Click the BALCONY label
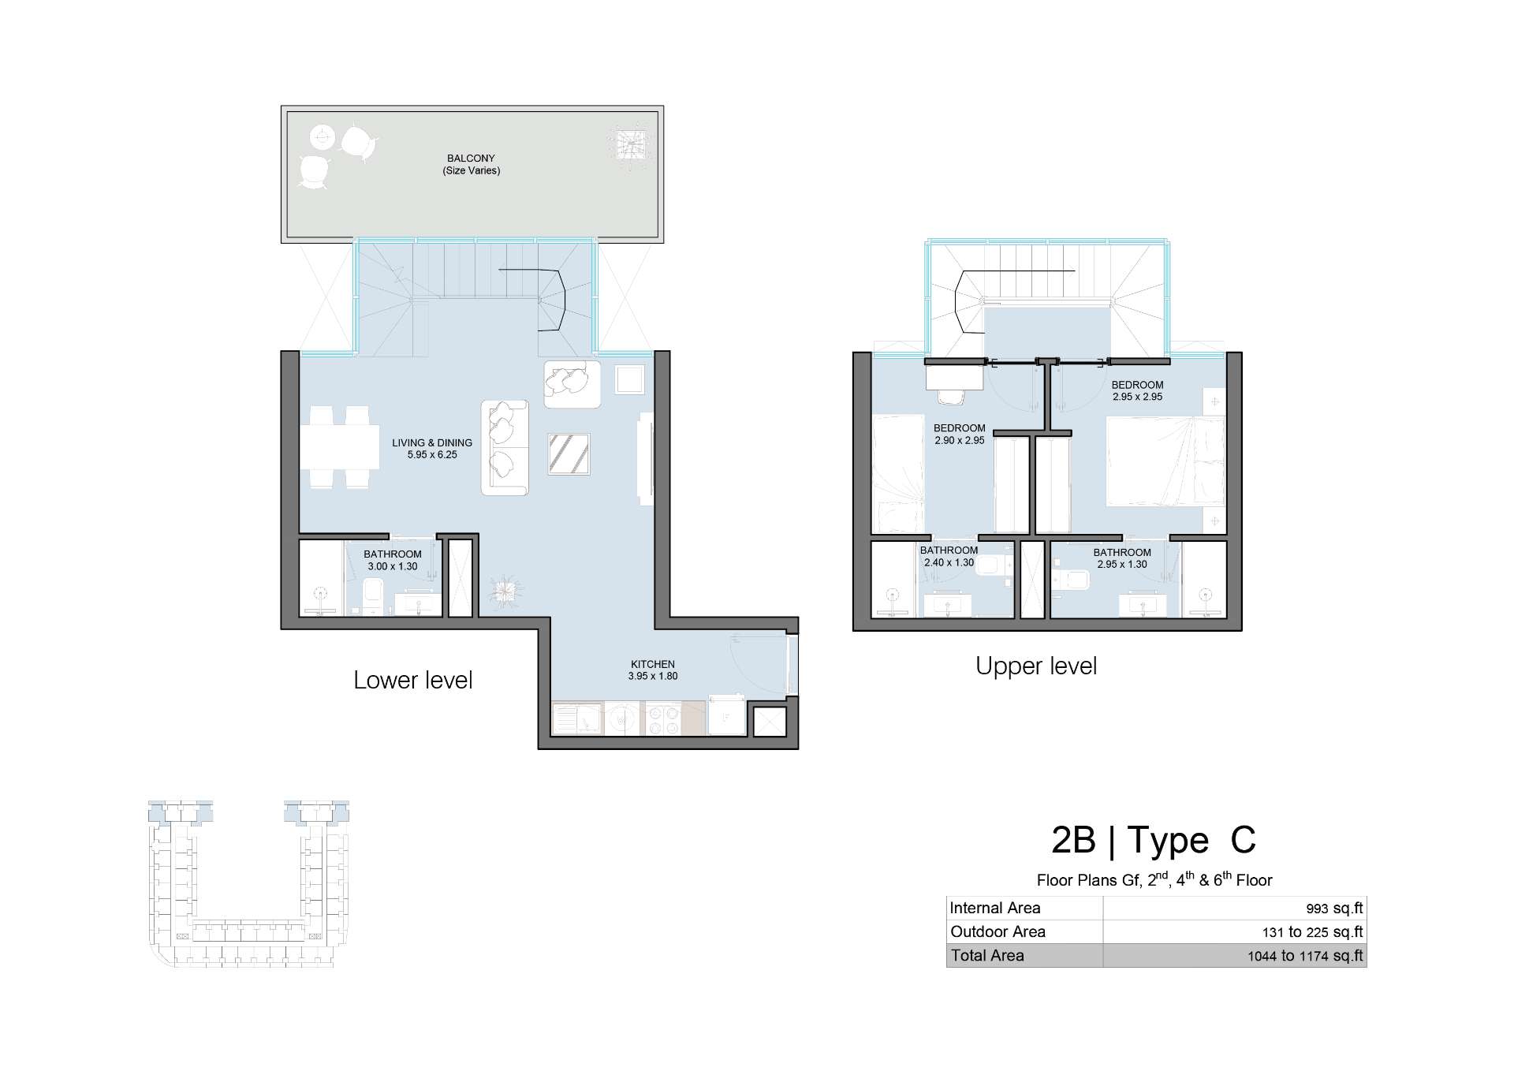(471, 159)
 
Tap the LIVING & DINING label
(432, 443)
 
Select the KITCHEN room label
(653, 664)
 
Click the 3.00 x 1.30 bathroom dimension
(393, 566)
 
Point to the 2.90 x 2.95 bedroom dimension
(960, 441)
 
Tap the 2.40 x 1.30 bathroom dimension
(949, 563)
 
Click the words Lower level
(413, 680)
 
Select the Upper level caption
(1036, 666)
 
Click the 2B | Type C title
(1154, 841)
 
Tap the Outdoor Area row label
(998, 931)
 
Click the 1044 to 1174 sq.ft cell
(1305, 957)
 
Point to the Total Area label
(987, 956)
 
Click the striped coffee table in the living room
(569, 453)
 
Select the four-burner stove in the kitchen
(663, 718)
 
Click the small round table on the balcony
(322, 137)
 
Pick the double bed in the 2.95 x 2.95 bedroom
(1165, 461)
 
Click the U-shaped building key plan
(248, 884)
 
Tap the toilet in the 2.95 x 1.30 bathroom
(1072, 580)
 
